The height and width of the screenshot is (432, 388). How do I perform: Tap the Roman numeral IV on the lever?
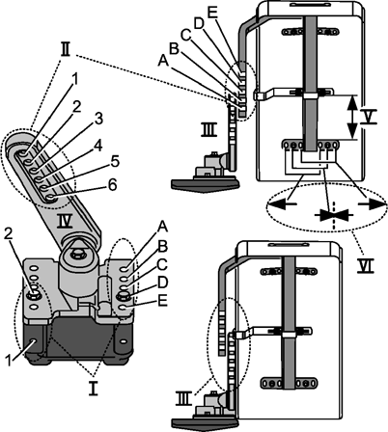pyautogui.click(x=66, y=222)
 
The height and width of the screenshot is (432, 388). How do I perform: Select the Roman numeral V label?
pyautogui.click(x=368, y=118)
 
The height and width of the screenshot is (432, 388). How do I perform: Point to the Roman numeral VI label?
pyautogui.click(x=366, y=266)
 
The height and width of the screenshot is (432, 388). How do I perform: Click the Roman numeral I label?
pyautogui.click(x=94, y=389)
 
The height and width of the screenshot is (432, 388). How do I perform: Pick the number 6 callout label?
pyautogui.click(x=112, y=185)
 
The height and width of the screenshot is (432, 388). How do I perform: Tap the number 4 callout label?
pyautogui.click(x=97, y=147)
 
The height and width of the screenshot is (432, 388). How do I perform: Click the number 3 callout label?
pyautogui.click(x=98, y=119)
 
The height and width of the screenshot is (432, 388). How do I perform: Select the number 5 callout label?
pyautogui.click(x=115, y=162)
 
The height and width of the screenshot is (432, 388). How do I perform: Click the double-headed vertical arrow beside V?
pyautogui.click(x=353, y=117)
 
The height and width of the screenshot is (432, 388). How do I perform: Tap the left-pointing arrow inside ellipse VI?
pyautogui.click(x=282, y=203)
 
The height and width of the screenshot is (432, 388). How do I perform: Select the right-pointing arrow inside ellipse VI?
pyautogui.click(x=372, y=203)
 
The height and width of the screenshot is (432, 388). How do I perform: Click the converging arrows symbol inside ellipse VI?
pyautogui.click(x=335, y=215)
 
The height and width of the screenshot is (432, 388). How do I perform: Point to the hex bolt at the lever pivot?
pyautogui.click(x=77, y=255)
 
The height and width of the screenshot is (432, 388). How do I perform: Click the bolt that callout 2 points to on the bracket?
pyautogui.click(x=34, y=293)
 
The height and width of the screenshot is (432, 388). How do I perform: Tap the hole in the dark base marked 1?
pyautogui.click(x=33, y=340)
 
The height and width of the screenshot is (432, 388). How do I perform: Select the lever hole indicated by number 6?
pyautogui.click(x=50, y=197)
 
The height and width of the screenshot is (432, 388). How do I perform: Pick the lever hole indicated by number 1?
pyautogui.click(x=23, y=153)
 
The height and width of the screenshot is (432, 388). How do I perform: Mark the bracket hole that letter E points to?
pyautogui.click(x=124, y=308)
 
